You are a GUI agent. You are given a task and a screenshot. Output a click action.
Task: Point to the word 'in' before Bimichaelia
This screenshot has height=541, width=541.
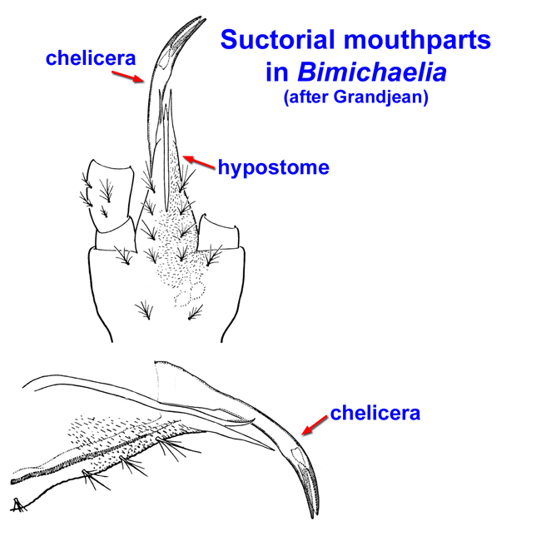[276, 72]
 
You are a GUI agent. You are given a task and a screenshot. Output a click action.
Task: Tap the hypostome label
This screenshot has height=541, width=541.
[273, 167]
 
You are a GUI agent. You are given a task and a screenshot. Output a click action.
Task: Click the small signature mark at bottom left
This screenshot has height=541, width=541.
[17, 503]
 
